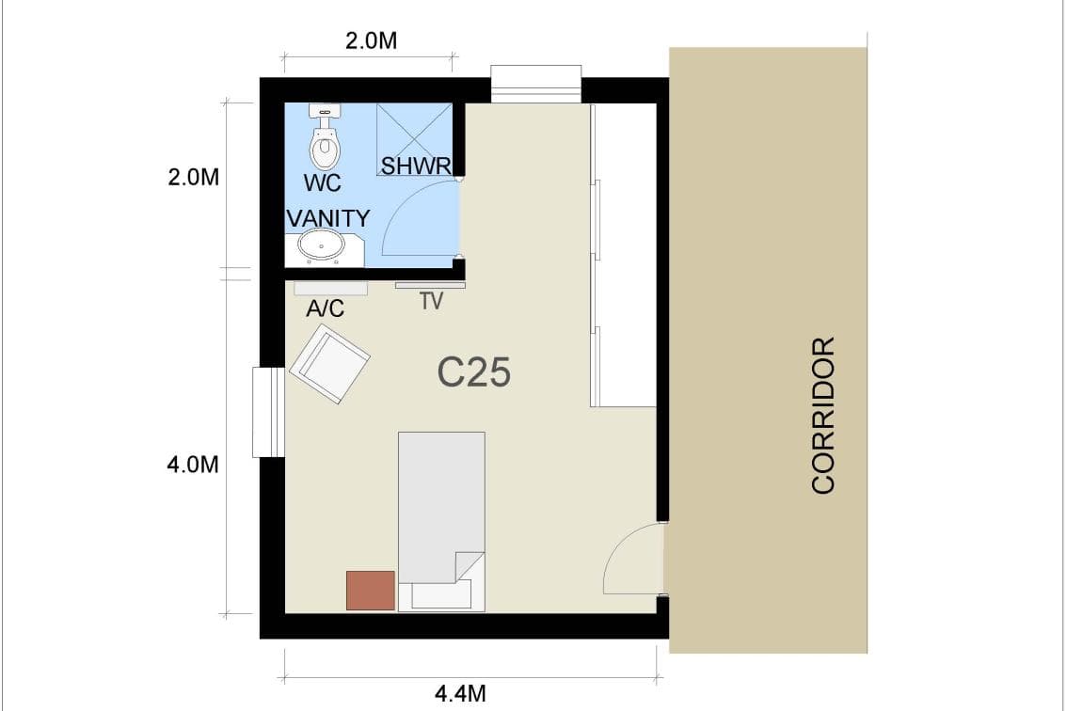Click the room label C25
[x=473, y=372]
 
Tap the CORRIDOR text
[x=823, y=415]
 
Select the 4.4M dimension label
[x=460, y=694]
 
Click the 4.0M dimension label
[x=193, y=465]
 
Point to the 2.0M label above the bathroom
[x=371, y=40]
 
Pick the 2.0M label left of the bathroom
[x=193, y=177]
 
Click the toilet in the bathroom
[x=325, y=136]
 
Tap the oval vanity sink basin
[x=320, y=245]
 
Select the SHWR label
[x=416, y=166]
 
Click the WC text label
[x=322, y=183]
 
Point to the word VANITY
[x=328, y=218]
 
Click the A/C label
[x=325, y=308]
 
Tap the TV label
[x=432, y=301]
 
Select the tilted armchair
[x=329, y=364]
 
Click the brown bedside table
[x=370, y=591]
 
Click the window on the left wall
[x=268, y=412]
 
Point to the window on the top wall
[x=535, y=84]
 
